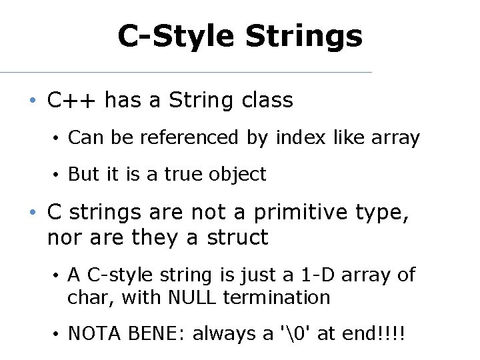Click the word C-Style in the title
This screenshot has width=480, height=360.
pyautogui.click(x=177, y=36)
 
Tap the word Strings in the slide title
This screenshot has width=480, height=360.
pyautogui.click(x=304, y=36)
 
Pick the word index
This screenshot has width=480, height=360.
pyautogui.click(x=295, y=138)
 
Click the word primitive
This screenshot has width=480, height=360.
pyautogui.click(x=306, y=213)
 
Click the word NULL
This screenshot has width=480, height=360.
pyautogui.click(x=193, y=297)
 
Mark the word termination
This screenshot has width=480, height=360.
pyautogui.click(x=277, y=297)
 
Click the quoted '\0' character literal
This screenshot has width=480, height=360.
pyautogui.click(x=293, y=334)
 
